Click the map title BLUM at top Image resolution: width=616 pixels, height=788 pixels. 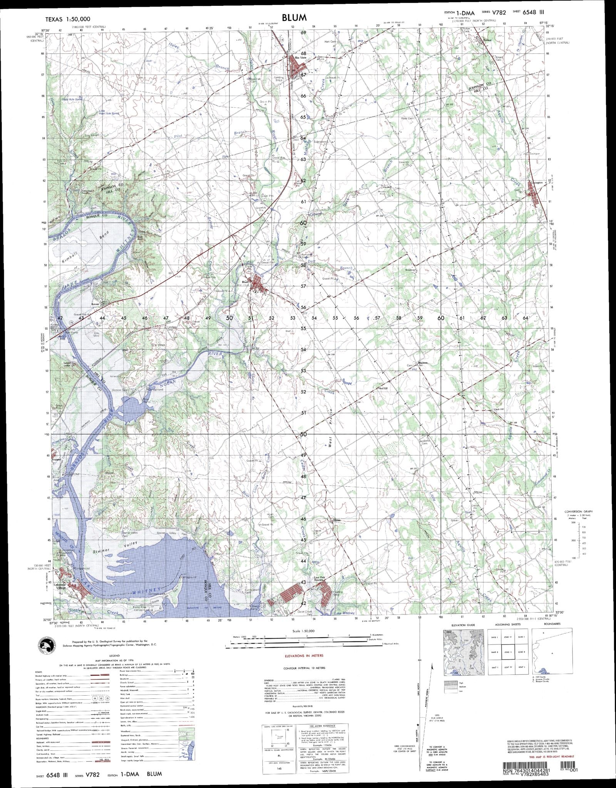pos(294,17)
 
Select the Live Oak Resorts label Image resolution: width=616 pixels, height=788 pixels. pos(321,579)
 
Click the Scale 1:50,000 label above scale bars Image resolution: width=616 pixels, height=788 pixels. pos(304,631)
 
